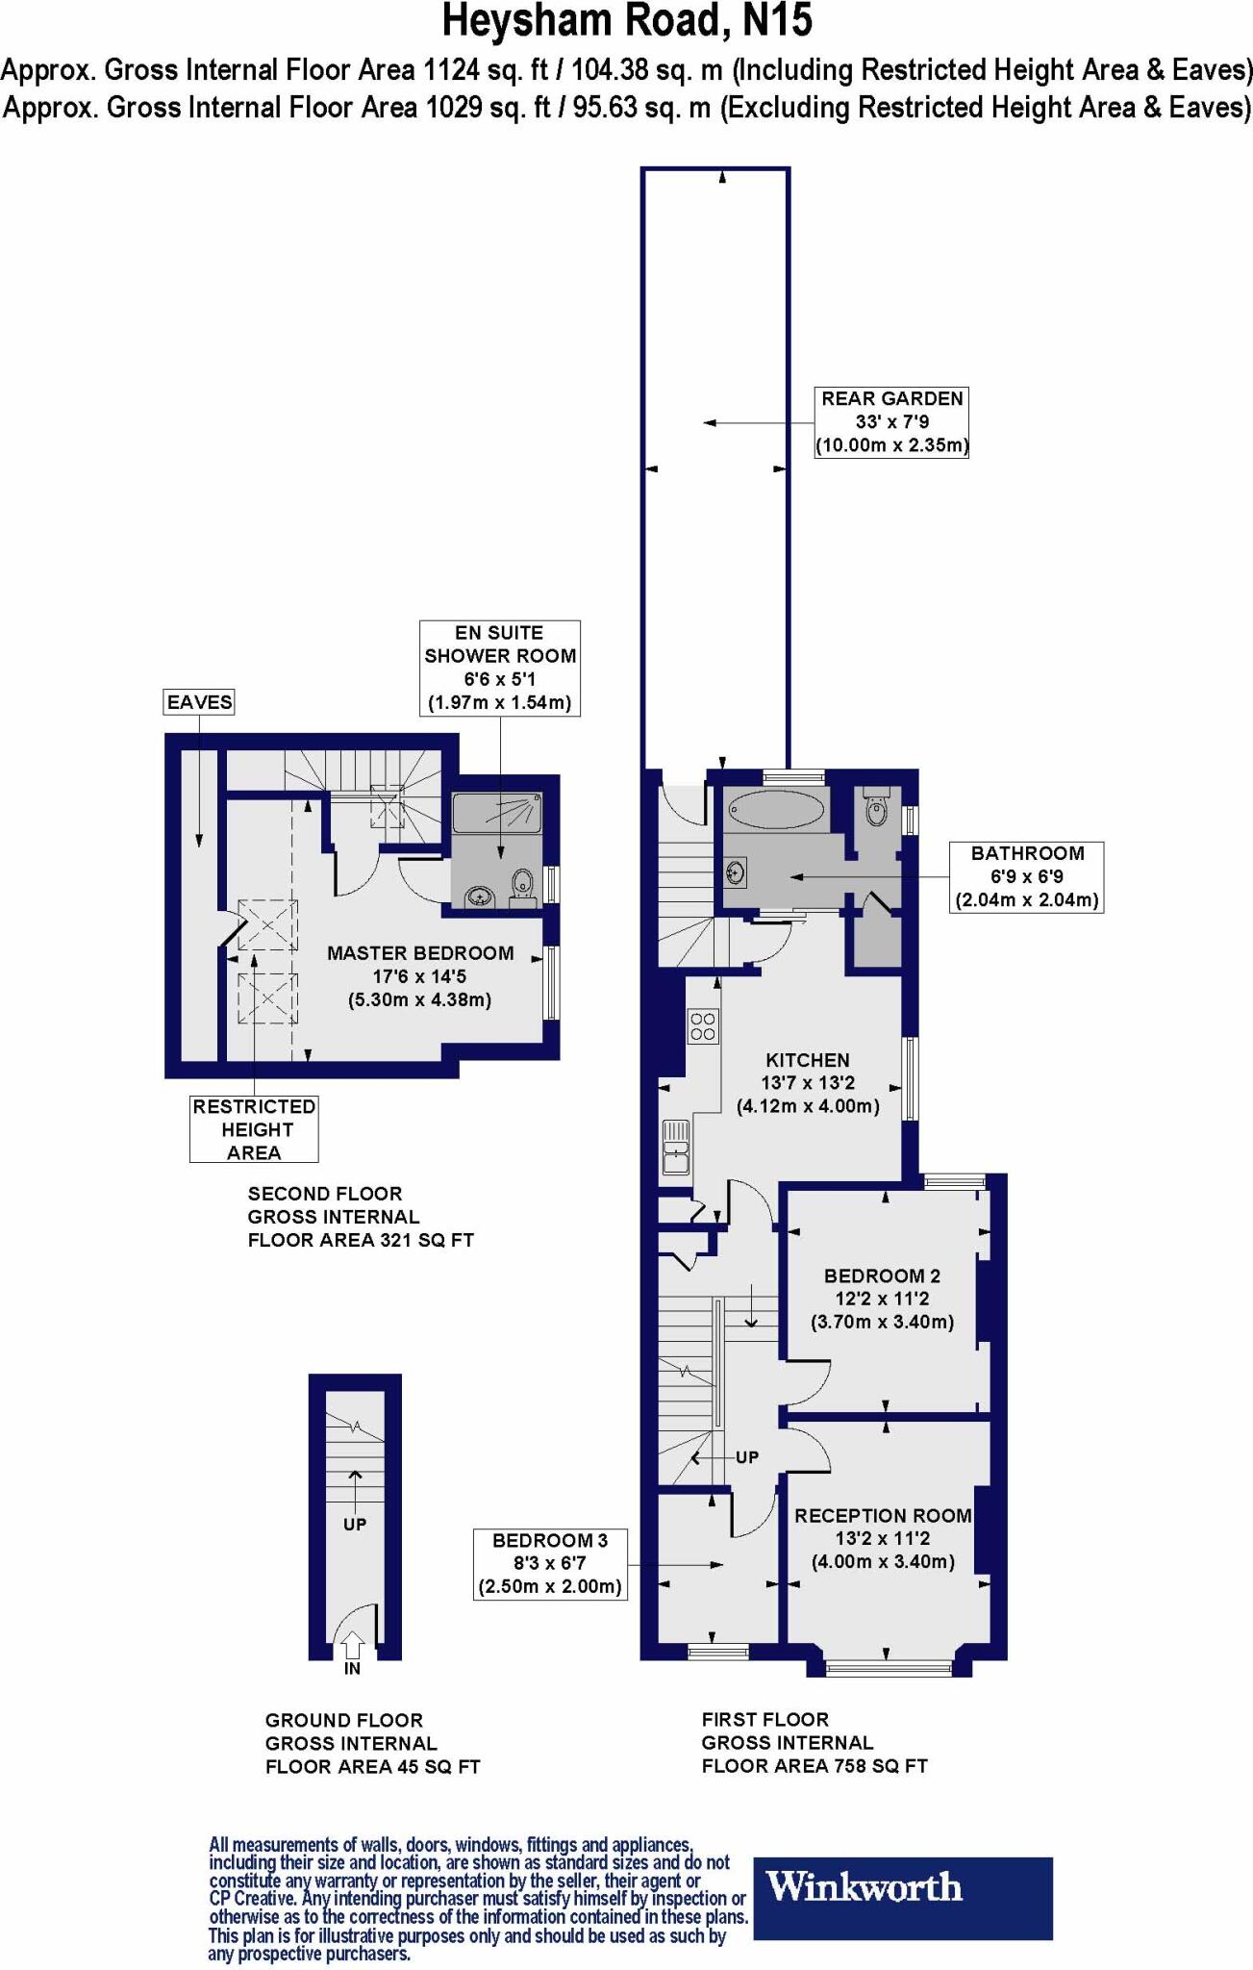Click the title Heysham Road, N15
[x=627, y=21]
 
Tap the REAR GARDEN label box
[x=891, y=422]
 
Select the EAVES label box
[x=199, y=702]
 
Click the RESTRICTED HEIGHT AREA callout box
[x=254, y=1129]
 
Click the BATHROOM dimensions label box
[x=1026, y=876]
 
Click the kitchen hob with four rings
[x=703, y=1025]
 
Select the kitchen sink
[x=676, y=1147]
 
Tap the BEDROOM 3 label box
[x=550, y=1563]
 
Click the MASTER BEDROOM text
[x=420, y=953]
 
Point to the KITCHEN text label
[x=808, y=1060]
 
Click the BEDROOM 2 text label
[x=882, y=1275]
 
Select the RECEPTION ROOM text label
[x=883, y=1515]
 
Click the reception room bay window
[x=888, y=1667]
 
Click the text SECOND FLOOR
[x=325, y=1194]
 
